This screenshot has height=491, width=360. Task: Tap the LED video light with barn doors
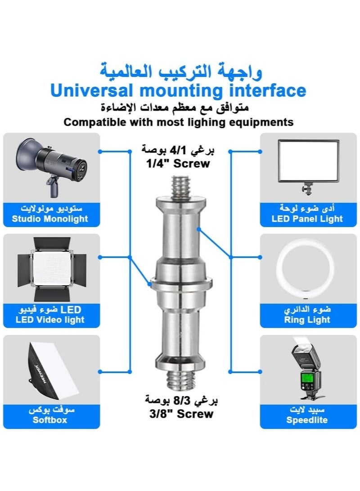tap(52, 269)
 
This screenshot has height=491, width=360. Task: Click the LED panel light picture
tap(308, 166)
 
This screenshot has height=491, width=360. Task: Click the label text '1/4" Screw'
tap(178, 163)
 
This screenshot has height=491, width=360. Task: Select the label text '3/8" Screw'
tap(181, 414)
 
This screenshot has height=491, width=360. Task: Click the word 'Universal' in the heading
tap(91, 90)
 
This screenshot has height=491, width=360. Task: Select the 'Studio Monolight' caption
tap(50, 219)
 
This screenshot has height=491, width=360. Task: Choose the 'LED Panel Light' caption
tap(307, 219)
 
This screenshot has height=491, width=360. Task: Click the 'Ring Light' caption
tap(307, 320)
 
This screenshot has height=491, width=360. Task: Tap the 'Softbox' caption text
tap(50, 420)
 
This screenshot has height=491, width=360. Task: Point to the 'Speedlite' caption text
tap(307, 420)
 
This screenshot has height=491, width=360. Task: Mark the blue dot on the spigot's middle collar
tap(150, 284)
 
